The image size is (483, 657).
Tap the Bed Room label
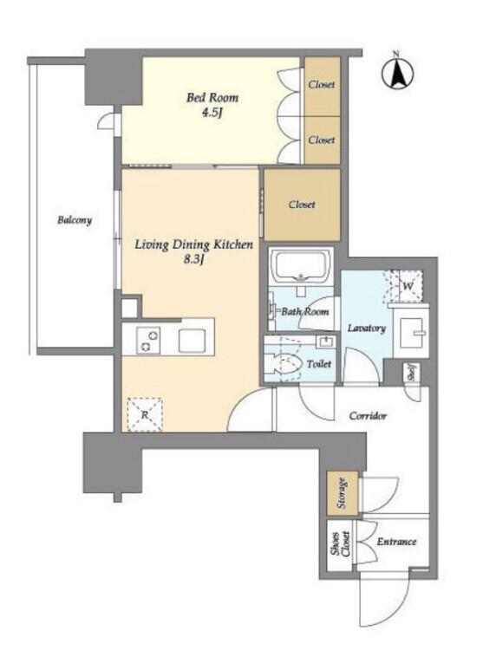(x=212, y=98)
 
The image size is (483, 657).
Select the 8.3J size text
(x=193, y=260)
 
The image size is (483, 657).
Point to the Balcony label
(x=75, y=220)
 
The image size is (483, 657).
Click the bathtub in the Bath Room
(x=300, y=266)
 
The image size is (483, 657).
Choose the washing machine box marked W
(x=407, y=286)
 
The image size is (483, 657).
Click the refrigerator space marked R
(x=145, y=414)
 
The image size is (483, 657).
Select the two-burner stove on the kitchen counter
(x=148, y=341)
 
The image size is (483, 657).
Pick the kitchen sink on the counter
(x=192, y=341)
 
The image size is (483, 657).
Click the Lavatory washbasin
(x=411, y=333)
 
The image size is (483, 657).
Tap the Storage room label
(x=343, y=493)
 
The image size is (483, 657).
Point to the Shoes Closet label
(x=340, y=543)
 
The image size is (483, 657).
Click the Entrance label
(x=396, y=542)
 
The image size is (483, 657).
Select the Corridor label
(x=368, y=416)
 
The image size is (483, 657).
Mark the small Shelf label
(x=411, y=373)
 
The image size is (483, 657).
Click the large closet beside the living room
(x=302, y=205)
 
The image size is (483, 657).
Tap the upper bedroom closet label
(x=322, y=84)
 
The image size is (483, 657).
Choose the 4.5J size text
(x=212, y=113)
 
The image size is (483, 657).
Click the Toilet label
(x=318, y=364)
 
